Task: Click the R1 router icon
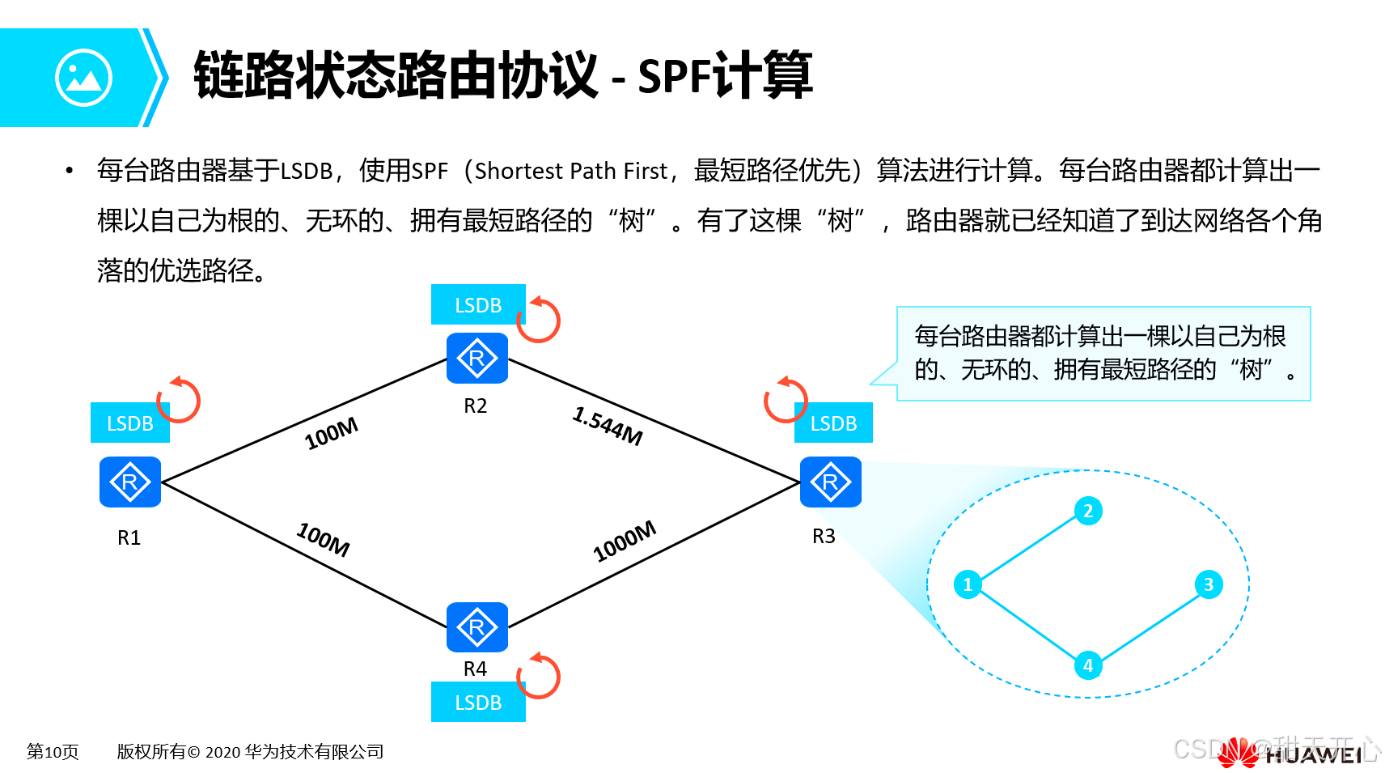130,482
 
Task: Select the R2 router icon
476,358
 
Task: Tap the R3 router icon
830,482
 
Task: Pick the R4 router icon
476,626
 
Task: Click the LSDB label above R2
478,305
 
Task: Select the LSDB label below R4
478,703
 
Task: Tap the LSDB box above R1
130,423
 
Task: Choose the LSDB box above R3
833,423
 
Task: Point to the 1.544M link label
608,426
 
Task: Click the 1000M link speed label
625,542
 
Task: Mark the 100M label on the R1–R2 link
331,434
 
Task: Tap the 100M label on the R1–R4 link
324,539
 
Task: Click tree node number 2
1088,511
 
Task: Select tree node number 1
968,584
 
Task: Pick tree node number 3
1209,584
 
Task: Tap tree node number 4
1088,665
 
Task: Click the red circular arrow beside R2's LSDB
539,320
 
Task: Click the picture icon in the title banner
83,78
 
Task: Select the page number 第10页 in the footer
53,752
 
